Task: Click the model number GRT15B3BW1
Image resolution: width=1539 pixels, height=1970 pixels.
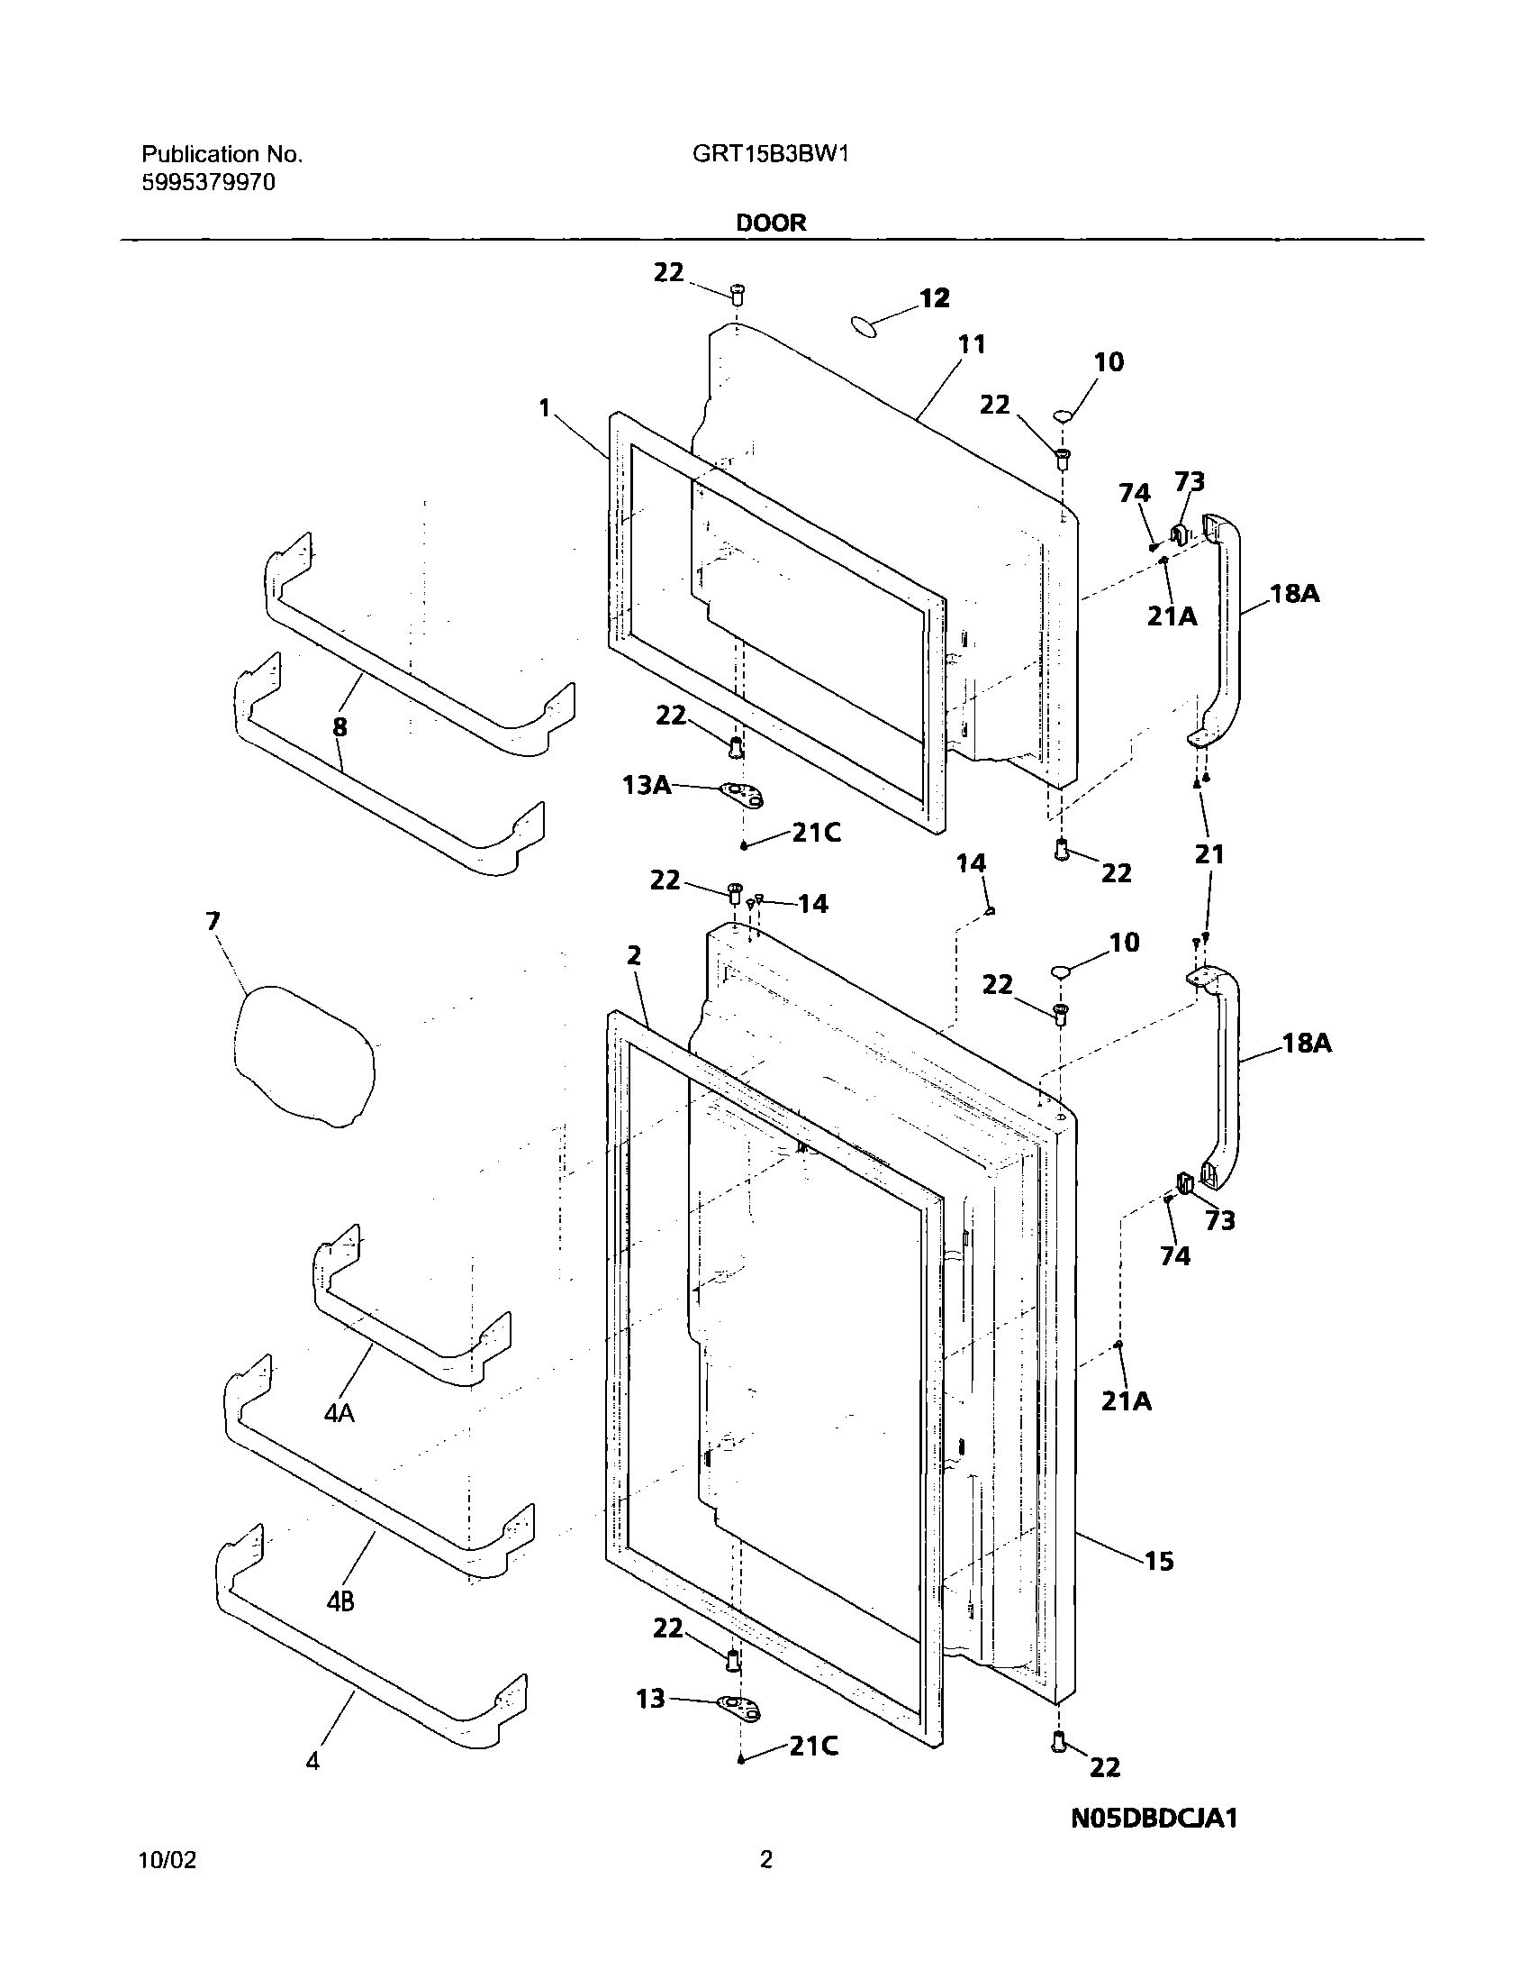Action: pos(770,154)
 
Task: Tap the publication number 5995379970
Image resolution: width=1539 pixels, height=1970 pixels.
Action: pos(208,183)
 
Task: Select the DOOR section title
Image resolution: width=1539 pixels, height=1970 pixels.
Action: pos(771,223)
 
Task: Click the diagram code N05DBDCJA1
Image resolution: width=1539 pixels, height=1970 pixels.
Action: pos(1154,1819)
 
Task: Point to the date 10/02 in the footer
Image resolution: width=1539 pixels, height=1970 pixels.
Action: pos(167,1860)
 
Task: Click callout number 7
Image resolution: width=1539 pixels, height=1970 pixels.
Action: pos(213,921)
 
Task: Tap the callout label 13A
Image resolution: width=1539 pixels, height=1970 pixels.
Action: pos(647,785)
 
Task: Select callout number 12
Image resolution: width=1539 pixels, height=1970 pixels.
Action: pos(934,298)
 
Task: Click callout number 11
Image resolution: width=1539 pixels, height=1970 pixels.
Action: pos(971,344)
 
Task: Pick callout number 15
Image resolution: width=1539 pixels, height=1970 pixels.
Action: pos(1160,1561)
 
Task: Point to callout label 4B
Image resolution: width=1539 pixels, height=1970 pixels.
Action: pos(339,1601)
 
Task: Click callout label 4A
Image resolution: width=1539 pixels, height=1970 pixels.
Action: pos(339,1413)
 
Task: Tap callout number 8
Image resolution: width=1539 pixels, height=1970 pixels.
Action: pos(339,727)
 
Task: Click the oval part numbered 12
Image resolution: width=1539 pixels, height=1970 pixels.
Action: pos(866,326)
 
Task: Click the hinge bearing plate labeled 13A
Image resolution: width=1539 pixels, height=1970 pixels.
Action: pos(743,794)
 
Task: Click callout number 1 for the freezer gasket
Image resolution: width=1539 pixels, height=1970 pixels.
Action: pos(545,408)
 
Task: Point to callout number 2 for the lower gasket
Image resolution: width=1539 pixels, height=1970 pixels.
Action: pos(634,956)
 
